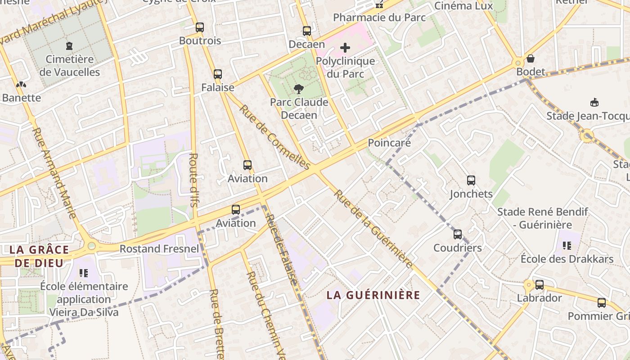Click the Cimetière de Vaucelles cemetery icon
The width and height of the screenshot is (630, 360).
[69, 45]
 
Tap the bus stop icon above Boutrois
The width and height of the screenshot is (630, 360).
[200, 27]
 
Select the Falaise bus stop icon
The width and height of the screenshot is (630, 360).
[218, 74]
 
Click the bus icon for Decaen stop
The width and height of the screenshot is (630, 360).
[307, 31]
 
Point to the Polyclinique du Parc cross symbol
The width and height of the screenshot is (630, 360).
[345, 48]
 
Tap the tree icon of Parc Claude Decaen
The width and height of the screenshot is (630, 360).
[298, 89]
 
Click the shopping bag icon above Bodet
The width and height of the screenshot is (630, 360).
[531, 58]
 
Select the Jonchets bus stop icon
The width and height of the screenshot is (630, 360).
[471, 180]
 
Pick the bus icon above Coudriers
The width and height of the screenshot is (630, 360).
[458, 234]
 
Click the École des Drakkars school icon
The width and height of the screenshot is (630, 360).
[567, 246]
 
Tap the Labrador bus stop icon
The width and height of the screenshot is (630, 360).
[539, 285]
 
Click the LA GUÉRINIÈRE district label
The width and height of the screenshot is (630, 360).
[373, 295]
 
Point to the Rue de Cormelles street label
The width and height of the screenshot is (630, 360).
[274, 137]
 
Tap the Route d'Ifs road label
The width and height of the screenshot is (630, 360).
[193, 180]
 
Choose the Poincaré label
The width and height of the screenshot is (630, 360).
[389, 143]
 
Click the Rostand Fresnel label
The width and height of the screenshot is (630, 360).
[159, 249]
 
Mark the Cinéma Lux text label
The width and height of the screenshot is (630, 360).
[463, 6]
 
